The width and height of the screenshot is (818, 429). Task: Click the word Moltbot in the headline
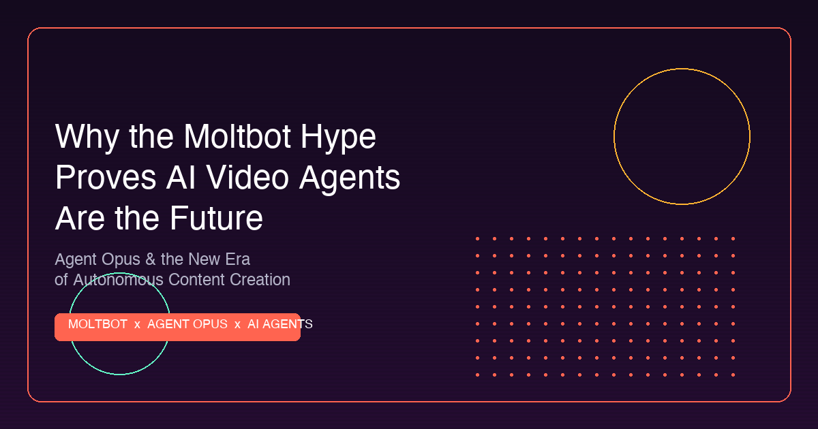(x=237, y=136)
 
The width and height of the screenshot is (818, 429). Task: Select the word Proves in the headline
(x=106, y=178)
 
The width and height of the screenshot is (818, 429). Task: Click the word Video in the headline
(x=247, y=177)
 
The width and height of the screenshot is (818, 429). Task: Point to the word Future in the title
(x=217, y=218)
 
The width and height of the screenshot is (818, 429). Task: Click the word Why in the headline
(x=87, y=138)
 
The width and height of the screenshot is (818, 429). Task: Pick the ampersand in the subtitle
(x=151, y=259)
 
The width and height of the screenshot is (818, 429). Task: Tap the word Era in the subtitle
(x=237, y=259)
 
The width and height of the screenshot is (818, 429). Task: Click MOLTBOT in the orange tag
(x=97, y=324)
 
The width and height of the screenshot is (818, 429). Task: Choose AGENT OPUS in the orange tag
(x=187, y=324)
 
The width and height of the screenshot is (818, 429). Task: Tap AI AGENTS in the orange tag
(x=279, y=324)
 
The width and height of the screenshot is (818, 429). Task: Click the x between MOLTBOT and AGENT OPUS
(x=137, y=325)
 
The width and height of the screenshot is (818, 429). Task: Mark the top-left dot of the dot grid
(x=477, y=238)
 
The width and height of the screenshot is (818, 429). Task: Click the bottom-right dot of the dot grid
(x=733, y=375)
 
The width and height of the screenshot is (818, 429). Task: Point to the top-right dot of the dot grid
(x=733, y=238)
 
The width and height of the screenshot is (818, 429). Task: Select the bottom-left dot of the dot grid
(x=477, y=375)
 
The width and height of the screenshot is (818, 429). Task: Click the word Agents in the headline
(x=350, y=179)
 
